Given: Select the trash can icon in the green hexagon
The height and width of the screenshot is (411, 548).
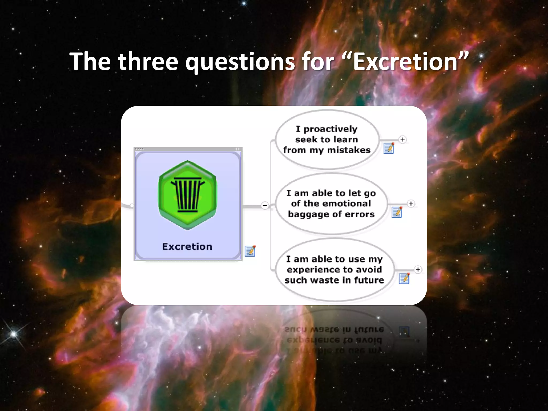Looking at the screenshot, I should coord(188,195).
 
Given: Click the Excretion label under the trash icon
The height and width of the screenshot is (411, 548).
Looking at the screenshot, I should coord(187,246).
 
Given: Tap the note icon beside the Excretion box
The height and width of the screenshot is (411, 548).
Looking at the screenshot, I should coord(250,251).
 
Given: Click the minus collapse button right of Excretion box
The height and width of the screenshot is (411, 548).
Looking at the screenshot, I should coord(265,205).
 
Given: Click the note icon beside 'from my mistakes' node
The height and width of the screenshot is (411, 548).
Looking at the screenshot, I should coord(389,148).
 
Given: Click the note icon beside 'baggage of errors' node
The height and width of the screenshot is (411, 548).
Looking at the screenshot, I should coord(397,212).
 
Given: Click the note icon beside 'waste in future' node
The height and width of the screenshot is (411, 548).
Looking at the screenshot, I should coord(404,278).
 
